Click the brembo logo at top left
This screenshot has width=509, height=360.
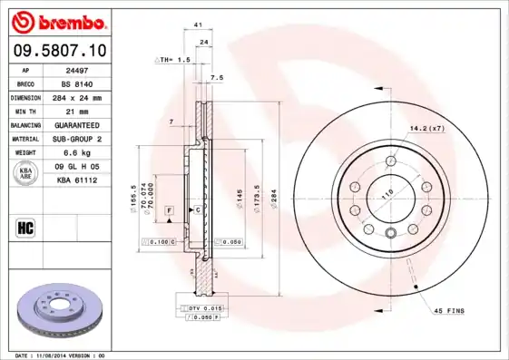point(59,21)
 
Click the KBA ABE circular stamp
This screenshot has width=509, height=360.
point(25,172)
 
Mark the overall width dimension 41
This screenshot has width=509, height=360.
point(197,28)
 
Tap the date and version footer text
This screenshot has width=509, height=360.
point(61,355)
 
